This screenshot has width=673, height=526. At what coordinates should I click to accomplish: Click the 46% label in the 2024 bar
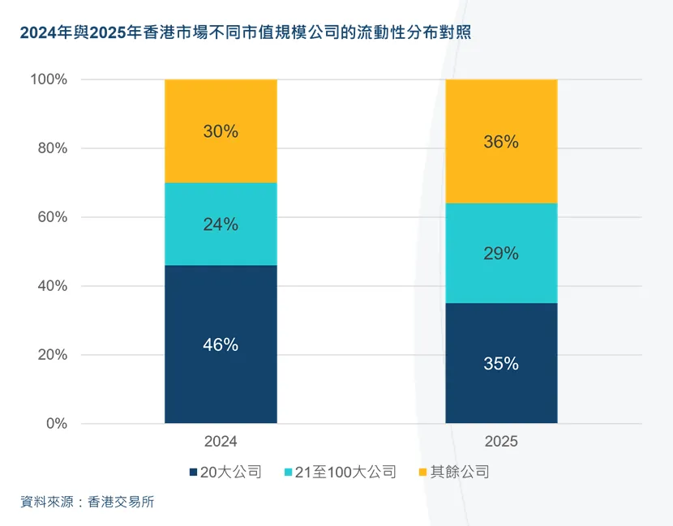(221, 344)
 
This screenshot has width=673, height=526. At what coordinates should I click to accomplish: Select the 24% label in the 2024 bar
(221, 225)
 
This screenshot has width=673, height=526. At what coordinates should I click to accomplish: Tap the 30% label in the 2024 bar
(221, 131)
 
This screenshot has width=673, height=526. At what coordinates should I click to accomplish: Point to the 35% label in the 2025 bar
(501, 364)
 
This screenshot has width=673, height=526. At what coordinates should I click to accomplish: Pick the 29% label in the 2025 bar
(501, 254)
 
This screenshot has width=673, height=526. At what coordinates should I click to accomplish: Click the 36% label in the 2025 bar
(501, 142)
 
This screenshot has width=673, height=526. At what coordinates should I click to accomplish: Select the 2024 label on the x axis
(221, 442)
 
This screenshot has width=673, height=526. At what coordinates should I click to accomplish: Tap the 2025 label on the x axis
(501, 442)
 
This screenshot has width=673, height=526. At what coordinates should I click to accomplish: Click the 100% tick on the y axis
(49, 79)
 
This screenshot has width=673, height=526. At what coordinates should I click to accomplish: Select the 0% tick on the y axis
(55, 424)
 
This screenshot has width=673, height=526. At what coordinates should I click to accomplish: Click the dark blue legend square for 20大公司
(193, 472)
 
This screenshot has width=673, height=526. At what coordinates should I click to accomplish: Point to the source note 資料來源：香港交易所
(88, 502)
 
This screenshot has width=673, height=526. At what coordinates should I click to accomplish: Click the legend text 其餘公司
(460, 472)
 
